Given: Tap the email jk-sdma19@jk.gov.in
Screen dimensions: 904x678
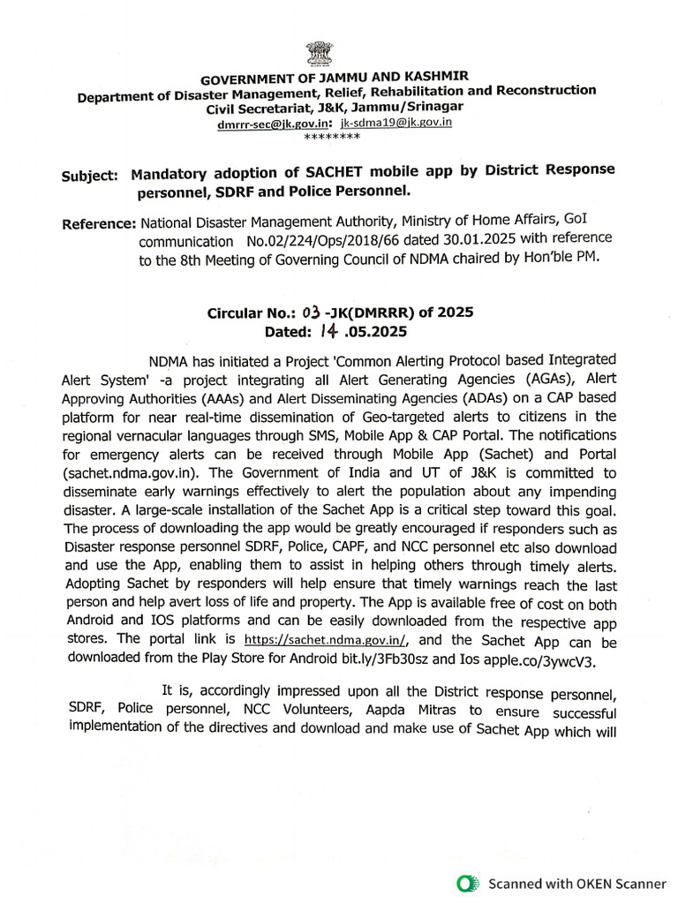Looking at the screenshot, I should (x=396, y=123).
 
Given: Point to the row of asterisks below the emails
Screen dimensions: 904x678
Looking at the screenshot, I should (x=331, y=138).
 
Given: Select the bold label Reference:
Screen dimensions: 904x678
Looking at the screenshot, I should (x=99, y=224).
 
